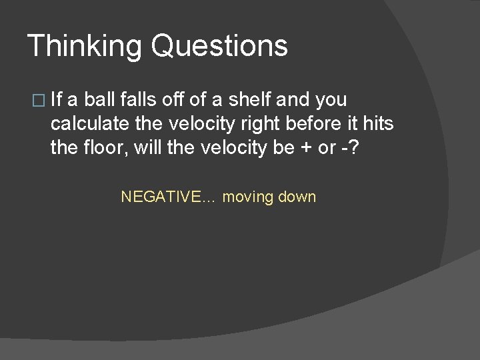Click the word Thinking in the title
click(x=85, y=47)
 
